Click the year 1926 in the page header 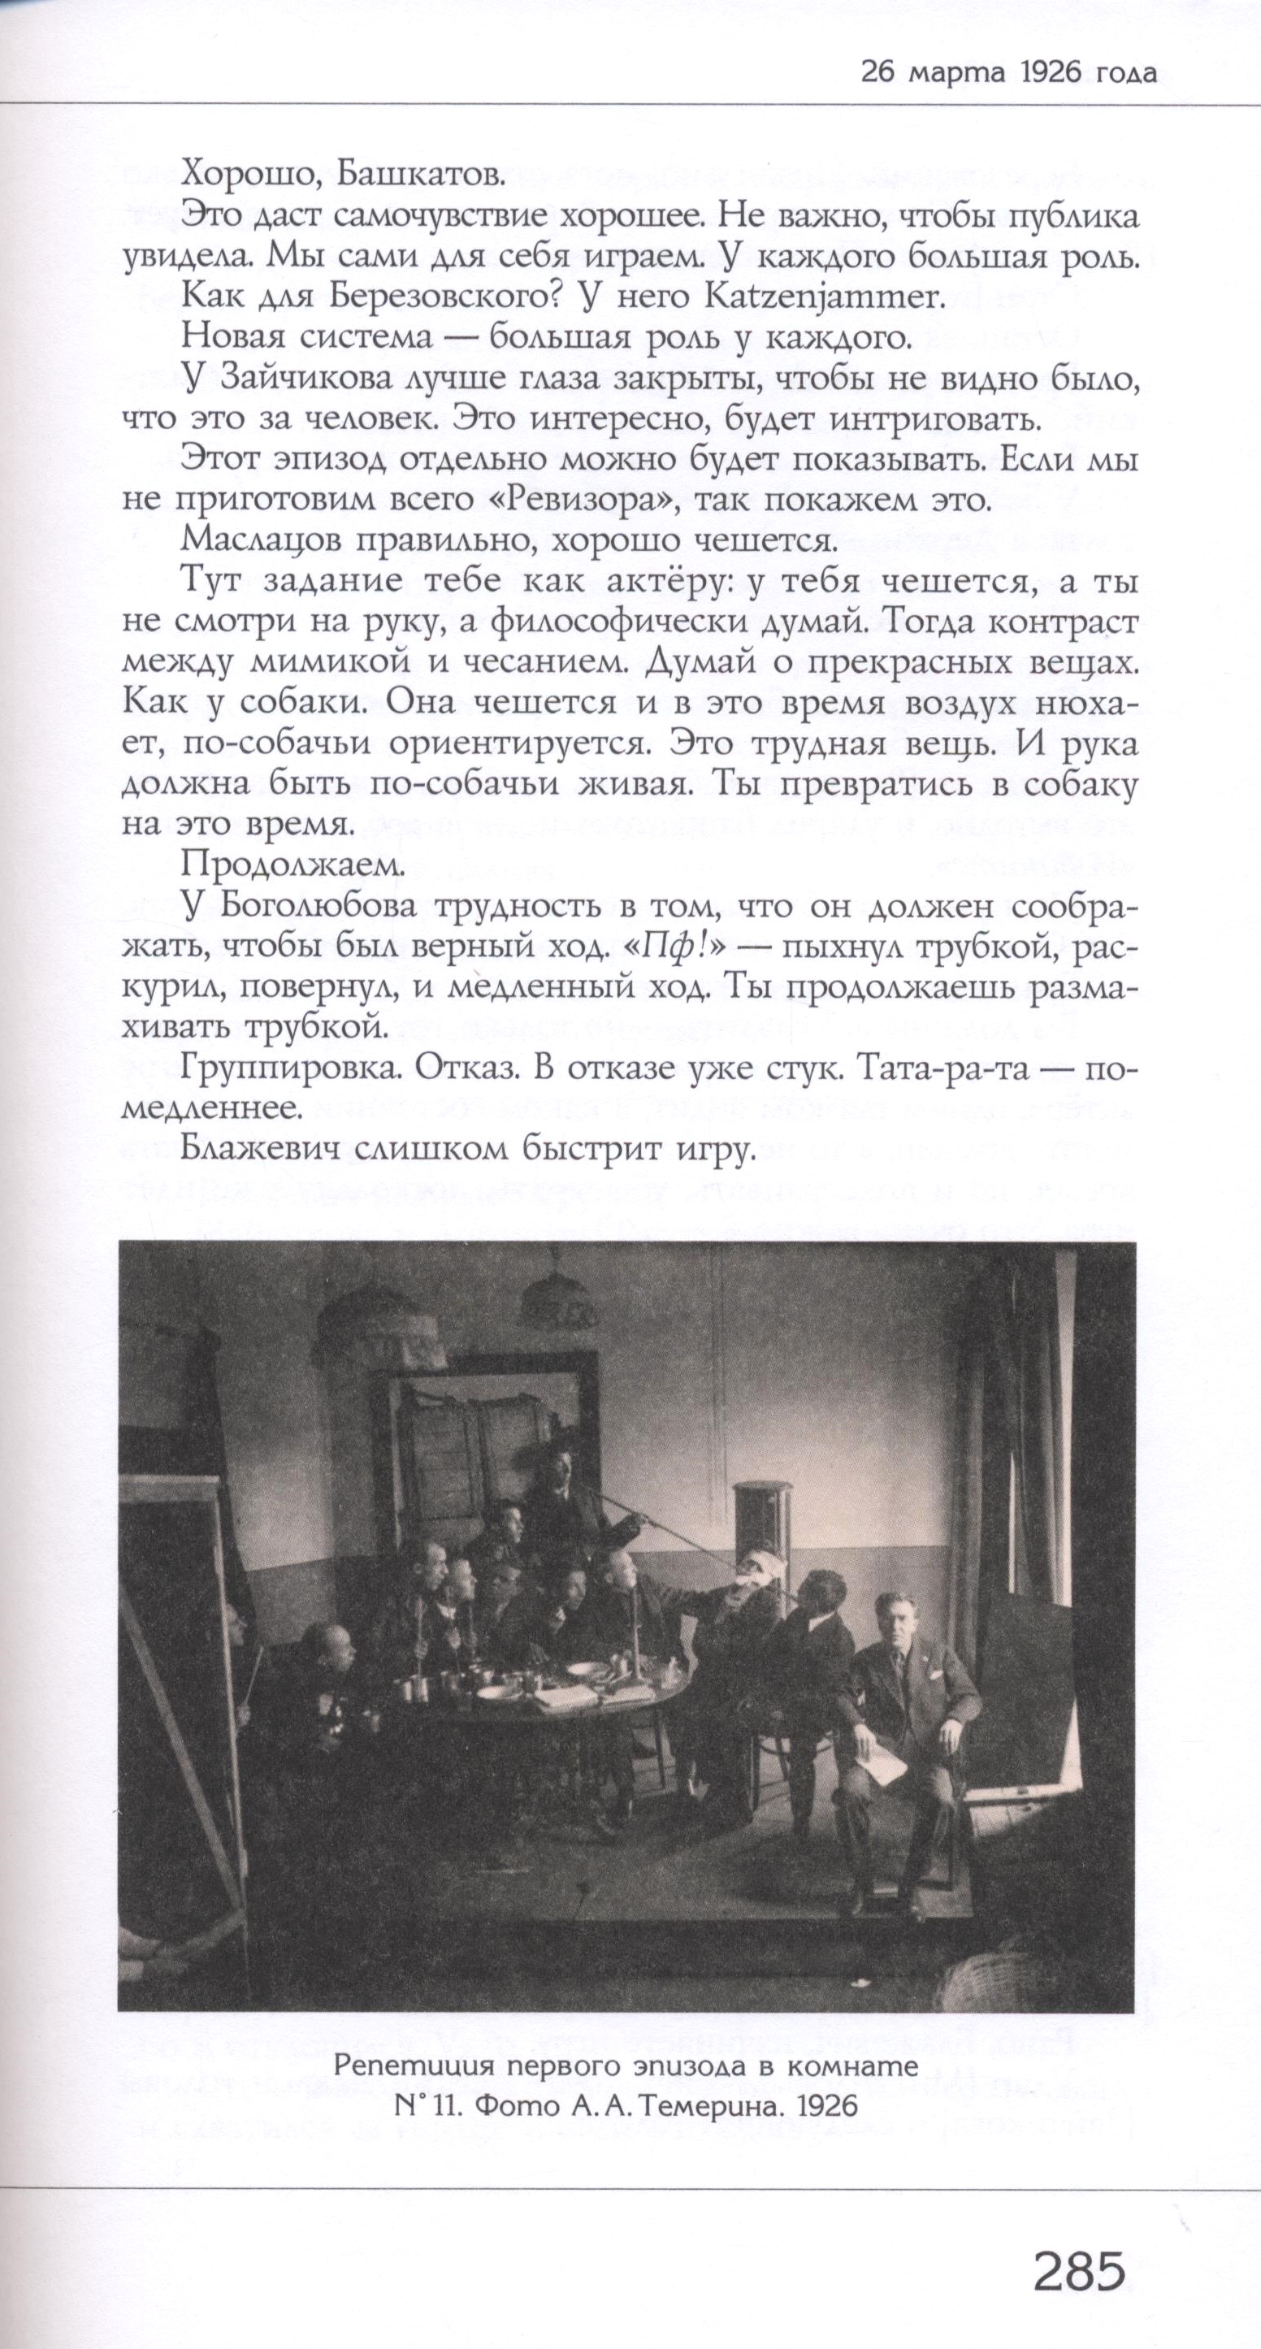[x=1045, y=74]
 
